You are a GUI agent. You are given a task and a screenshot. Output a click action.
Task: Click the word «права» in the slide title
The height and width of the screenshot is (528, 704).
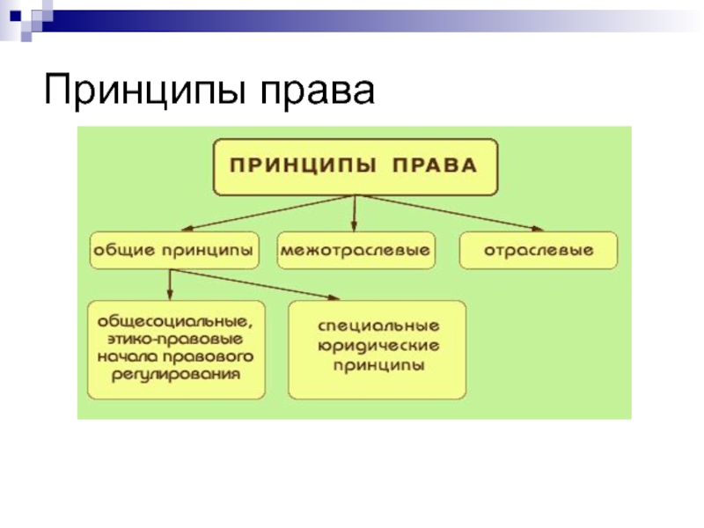point(317,92)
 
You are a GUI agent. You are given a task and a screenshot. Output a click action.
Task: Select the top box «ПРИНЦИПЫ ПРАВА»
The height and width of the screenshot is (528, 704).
point(356,166)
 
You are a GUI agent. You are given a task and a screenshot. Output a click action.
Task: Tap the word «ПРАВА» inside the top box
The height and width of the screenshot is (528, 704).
point(434,165)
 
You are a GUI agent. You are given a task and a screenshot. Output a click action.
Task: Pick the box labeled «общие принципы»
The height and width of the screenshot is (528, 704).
point(174,250)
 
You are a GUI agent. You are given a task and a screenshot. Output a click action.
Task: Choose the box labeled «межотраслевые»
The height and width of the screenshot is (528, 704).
point(356,250)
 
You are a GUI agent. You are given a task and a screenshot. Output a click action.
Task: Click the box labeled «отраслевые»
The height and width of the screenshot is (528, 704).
point(539,250)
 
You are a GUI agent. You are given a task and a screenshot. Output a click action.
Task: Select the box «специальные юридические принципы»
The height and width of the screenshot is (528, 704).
point(378,349)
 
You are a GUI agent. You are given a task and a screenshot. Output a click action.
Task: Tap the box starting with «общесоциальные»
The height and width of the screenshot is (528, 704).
point(176,349)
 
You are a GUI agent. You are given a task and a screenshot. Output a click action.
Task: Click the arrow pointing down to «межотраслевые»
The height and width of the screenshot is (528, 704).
point(355,213)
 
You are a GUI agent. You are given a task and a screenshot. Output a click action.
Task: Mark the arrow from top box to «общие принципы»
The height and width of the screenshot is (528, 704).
point(267,213)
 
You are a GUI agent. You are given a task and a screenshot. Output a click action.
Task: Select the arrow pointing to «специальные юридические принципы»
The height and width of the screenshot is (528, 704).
point(255,284)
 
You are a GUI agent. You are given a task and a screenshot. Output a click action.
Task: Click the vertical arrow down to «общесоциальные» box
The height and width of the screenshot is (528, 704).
point(170,284)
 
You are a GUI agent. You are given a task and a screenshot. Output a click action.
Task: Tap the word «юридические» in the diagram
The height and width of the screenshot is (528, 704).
point(378,346)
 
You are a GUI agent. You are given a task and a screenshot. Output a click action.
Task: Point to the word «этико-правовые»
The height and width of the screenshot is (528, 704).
point(175,339)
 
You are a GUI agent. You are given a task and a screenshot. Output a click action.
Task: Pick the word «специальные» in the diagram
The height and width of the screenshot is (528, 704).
point(378,326)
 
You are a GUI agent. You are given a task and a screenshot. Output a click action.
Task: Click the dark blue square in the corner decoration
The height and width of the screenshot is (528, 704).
point(15,16)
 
